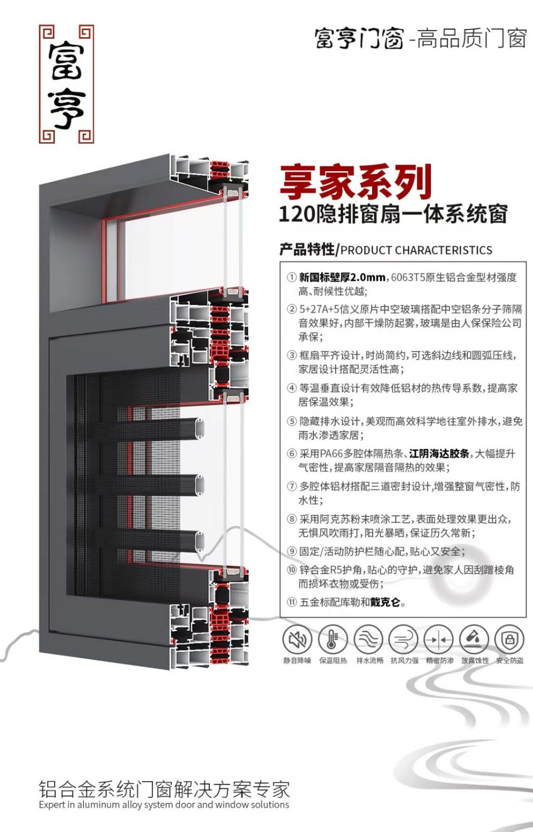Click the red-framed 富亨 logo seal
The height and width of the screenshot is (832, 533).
[x=67, y=84]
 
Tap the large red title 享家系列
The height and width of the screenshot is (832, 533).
[x=356, y=182]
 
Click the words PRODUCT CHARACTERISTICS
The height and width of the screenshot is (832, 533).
[x=416, y=250]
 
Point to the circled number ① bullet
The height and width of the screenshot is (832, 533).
[x=291, y=277]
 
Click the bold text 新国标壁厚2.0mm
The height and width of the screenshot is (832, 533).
[x=342, y=277]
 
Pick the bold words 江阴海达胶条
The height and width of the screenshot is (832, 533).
[x=439, y=453]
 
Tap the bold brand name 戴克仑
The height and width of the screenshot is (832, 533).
[x=385, y=602]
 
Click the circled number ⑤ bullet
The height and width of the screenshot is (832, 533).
[x=291, y=421]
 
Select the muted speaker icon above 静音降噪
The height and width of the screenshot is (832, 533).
[x=297, y=640]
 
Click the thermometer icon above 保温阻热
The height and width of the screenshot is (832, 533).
[x=333, y=640]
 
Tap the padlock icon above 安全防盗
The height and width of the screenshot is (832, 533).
[x=509, y=640]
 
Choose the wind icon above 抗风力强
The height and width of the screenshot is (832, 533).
[x=404, y=640]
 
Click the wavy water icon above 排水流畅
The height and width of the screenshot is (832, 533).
[x=369, y=640]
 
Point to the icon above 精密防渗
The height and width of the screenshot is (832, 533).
[x=439, y=640]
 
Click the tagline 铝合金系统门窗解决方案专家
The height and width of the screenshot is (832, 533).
[x=164, y=789]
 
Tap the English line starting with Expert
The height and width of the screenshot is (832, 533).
[x=164, y=805]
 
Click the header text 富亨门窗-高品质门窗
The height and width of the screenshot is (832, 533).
[x=421, y=38]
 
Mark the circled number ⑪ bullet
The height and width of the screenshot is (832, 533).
[x=291, y=602]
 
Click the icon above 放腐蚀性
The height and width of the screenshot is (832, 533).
[x=474, y=640]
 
